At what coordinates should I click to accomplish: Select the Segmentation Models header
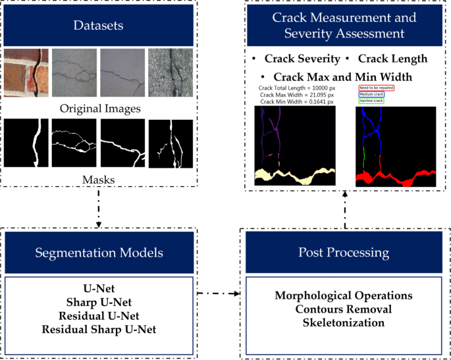[99, 253]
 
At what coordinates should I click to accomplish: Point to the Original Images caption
[99, 107]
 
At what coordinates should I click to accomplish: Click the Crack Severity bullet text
[302, 59]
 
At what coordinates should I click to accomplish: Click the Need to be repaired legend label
[376, 87]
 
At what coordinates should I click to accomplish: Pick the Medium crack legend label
[372, 94]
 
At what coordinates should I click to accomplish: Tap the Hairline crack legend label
[372, 101]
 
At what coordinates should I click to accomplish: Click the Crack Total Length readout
[298, 88]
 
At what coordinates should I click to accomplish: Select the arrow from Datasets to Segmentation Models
[99, 209]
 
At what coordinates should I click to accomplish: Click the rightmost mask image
[170, 143]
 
